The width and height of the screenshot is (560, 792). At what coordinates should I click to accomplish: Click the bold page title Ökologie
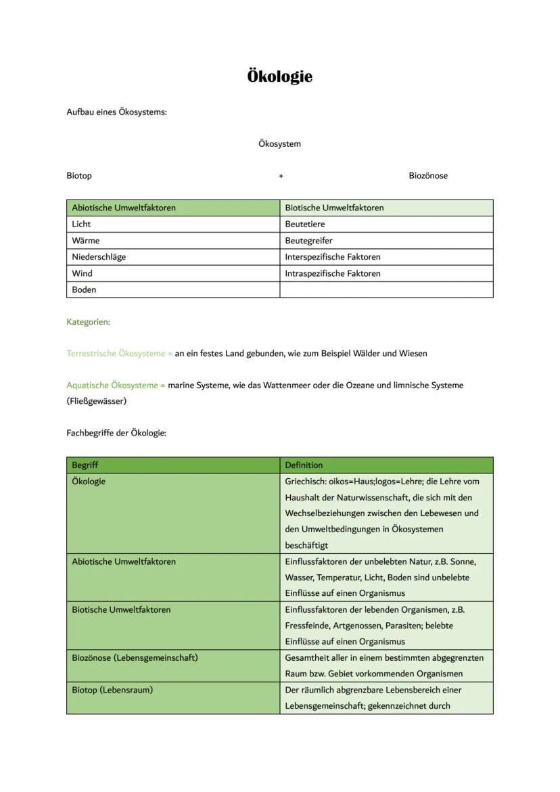(x=279, y=76)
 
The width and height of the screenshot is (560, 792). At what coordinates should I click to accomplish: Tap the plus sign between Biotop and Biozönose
(x=281, y=176)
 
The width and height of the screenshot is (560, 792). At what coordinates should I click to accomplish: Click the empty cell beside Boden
(x=386, y=289)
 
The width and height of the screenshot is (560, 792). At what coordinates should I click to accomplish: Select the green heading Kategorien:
(x=88, y=322)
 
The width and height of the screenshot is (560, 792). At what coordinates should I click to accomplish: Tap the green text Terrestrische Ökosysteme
(x=116, y=353)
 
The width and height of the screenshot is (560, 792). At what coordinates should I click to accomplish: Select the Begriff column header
(x=85, y=465)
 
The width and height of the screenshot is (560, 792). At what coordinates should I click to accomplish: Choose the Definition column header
(x=304, y=465)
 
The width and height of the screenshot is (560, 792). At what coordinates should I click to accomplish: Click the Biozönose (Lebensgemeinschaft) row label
(x=135, y=657)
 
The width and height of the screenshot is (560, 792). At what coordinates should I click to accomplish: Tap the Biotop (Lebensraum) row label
(x=112, y=690)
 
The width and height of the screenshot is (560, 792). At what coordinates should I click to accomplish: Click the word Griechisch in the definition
(x=305, y=482)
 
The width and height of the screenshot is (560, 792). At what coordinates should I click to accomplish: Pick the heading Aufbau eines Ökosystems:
(x=116, y=112)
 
